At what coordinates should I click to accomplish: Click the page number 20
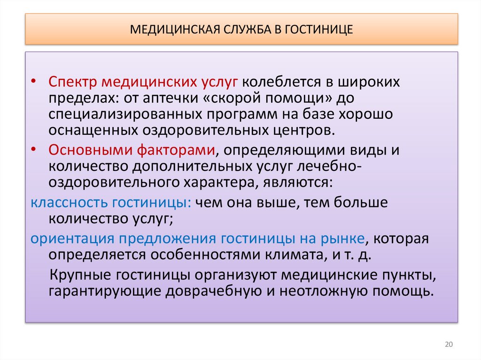pyautogui.click(x=448, y=345)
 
